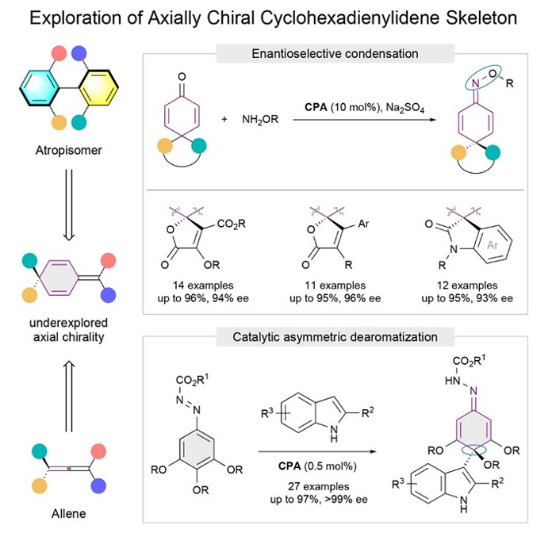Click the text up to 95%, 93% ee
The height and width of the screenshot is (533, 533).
point(458,298)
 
